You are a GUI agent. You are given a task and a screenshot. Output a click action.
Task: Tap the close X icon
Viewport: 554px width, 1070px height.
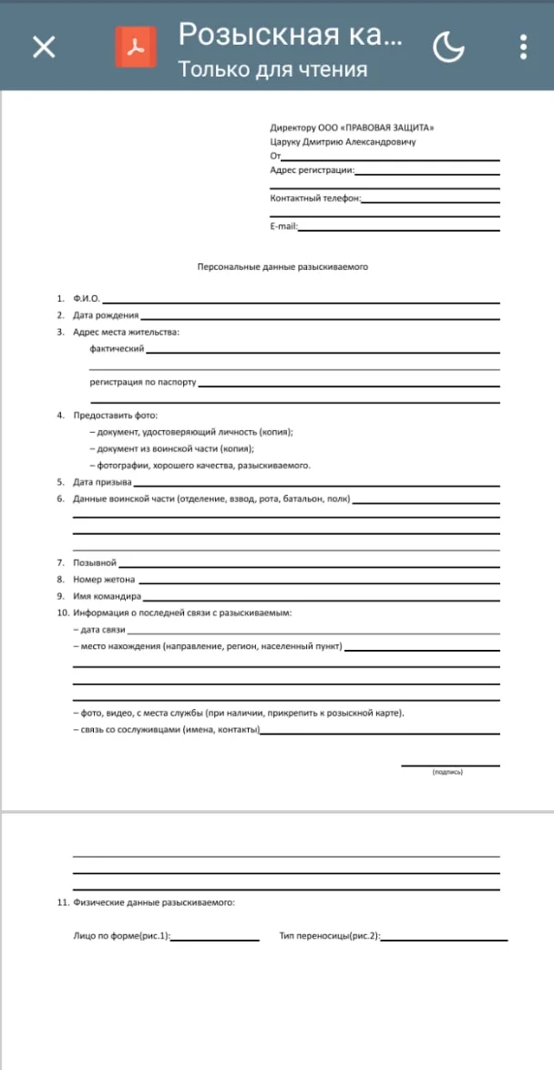pyautogui.click(x=44, y=46)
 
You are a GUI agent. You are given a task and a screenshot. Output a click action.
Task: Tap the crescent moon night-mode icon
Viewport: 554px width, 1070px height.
pyautogui.click(x=448, y=46)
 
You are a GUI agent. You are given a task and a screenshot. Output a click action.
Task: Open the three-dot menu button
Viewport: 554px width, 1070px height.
pyautogui.click(x=523, y=46)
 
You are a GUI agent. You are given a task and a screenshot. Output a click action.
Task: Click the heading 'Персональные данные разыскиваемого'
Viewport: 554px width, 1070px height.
pyautogui.click(x=282, y=267)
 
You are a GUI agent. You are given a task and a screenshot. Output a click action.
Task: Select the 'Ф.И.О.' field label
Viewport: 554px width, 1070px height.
pyautogui.click(x=87, y=298)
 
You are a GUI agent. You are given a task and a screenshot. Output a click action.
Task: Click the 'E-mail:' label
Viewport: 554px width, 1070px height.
pyautogui.click(x=283, y=226)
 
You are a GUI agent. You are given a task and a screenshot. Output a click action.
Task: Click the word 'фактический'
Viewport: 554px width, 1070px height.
pyautogui.click(x=117, y=348)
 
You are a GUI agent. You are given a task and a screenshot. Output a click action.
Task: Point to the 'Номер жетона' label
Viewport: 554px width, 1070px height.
pyautogui.click(x=104, y=579)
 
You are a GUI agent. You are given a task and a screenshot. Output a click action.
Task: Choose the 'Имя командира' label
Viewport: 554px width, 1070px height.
pyautogui.click(x=107, y=596)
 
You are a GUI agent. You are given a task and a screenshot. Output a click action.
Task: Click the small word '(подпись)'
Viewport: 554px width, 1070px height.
pyautogui.click(x=447, y=772)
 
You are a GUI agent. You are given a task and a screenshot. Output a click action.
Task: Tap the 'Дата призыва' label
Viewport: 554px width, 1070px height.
pyautogui.click(x=102, y=481)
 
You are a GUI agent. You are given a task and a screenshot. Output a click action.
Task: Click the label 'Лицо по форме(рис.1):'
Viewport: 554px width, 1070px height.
pyautogui.click(x=121, y=936)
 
